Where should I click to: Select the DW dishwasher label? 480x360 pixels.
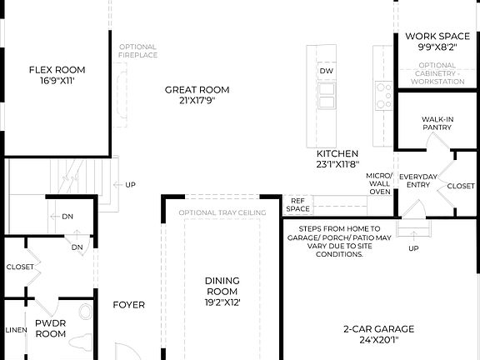click(326, 72)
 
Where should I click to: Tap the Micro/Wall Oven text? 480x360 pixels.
click(379, 184)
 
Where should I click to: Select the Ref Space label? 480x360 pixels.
click(298, 205)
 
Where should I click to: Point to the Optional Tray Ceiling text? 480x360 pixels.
click(222, 212)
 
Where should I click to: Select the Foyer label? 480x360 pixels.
click(129, 304)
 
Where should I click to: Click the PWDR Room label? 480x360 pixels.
click(51, 327)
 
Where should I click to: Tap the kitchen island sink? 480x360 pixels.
click(326, 97)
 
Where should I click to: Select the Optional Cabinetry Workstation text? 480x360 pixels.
click(437, 73)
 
